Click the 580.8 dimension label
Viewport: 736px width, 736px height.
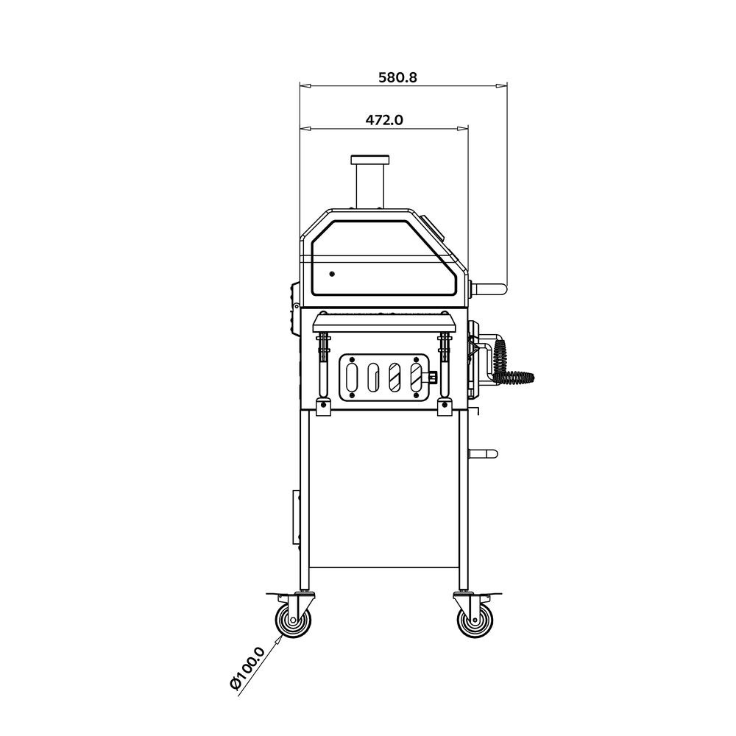click(397, 77)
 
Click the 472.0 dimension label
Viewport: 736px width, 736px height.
click(384, 120)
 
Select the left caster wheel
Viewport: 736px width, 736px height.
click(293, 620)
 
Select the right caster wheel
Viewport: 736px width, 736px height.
click(475, 620)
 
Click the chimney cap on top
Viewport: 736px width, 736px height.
click(370, 160)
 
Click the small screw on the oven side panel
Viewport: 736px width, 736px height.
click(332, 274)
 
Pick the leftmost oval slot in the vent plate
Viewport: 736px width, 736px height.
click(351, 377)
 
